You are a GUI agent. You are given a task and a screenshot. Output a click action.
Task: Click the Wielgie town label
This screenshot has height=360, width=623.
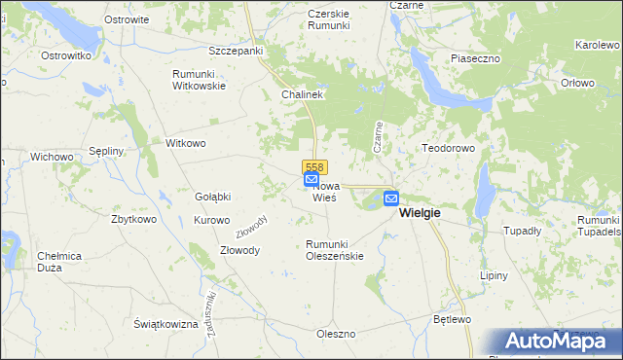coord(421,213)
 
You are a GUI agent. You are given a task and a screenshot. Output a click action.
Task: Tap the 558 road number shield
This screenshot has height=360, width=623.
coord(313,167)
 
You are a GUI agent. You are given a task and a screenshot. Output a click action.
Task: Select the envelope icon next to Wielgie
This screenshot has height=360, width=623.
coord(390,198)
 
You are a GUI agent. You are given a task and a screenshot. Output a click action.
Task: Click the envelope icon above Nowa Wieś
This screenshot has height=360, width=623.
coord(311,180)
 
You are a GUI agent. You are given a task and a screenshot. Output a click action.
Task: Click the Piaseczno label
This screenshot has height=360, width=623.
coord(475,58)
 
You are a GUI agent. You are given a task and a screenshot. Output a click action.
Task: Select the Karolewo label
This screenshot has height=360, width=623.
coord(598,46)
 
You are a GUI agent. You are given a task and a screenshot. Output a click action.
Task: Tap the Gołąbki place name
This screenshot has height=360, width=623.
coord(213,197)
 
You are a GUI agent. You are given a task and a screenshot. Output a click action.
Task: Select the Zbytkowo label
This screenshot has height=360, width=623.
coord(134,219)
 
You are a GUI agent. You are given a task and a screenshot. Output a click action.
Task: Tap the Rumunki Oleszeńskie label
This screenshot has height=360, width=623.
coord(335,250)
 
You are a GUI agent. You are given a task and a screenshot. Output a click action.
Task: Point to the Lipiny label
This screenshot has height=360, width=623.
coord(495,275)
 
